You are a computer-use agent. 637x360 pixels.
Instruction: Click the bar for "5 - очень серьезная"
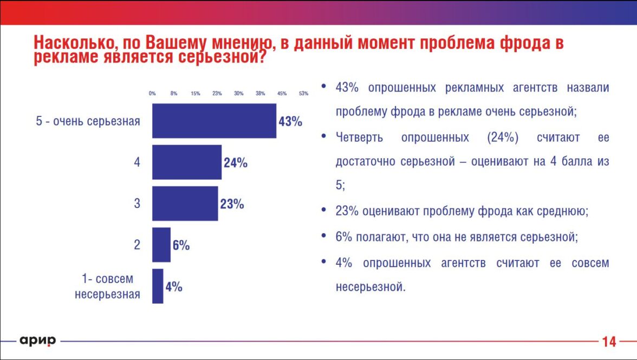214,121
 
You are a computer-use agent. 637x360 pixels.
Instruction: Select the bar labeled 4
187,162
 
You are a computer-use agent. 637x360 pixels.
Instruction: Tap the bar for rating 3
185,204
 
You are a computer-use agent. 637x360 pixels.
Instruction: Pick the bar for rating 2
161,245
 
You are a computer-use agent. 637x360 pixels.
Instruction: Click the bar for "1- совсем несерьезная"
158,286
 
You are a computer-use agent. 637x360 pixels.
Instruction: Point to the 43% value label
290,121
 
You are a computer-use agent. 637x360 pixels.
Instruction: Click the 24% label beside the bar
235,163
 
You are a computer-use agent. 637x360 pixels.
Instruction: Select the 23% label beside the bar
232,204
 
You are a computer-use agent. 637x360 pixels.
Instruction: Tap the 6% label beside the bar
181,245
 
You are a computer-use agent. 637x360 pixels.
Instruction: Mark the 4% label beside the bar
173,287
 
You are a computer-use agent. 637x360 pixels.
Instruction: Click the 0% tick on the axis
152,94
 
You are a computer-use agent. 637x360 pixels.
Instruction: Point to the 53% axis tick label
303,94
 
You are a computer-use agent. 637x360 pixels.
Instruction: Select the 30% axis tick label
238,94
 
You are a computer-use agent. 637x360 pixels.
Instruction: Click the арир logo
38,341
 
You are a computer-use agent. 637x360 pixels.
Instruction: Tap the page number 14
609,342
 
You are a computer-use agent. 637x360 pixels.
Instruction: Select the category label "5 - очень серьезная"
88,121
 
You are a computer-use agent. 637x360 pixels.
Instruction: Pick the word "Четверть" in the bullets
359,138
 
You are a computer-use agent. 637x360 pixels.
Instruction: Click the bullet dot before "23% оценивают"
324,211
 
